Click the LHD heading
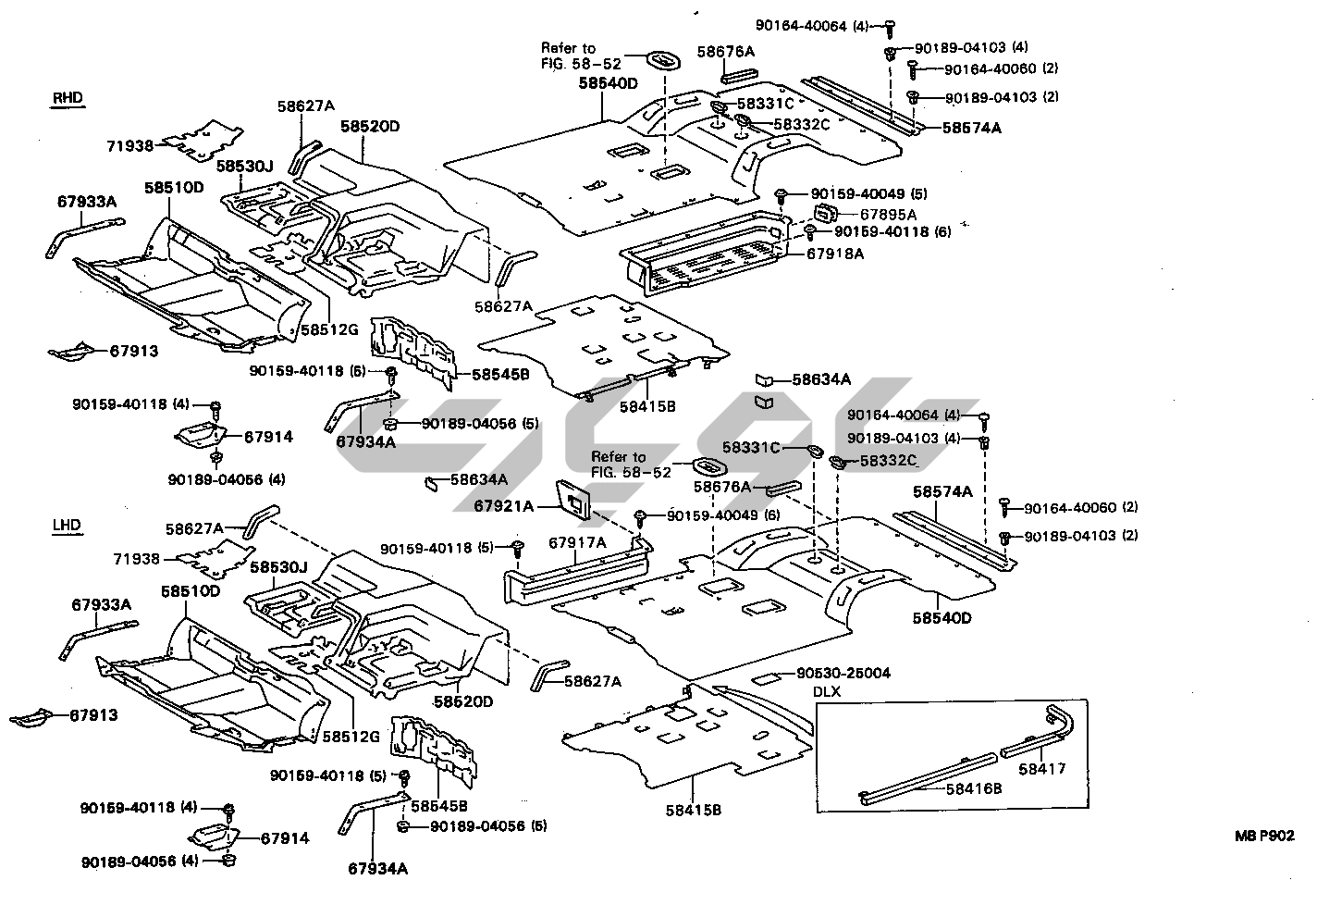(68, 526)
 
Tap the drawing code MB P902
(1263, 835)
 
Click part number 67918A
(835, 253)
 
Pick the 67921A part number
(504, 506)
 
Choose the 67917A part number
(577, 542)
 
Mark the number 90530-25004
(843, 674)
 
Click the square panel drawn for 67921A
(575, 500)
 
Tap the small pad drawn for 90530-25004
(768, 678)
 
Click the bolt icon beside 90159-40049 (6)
(639, 515)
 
